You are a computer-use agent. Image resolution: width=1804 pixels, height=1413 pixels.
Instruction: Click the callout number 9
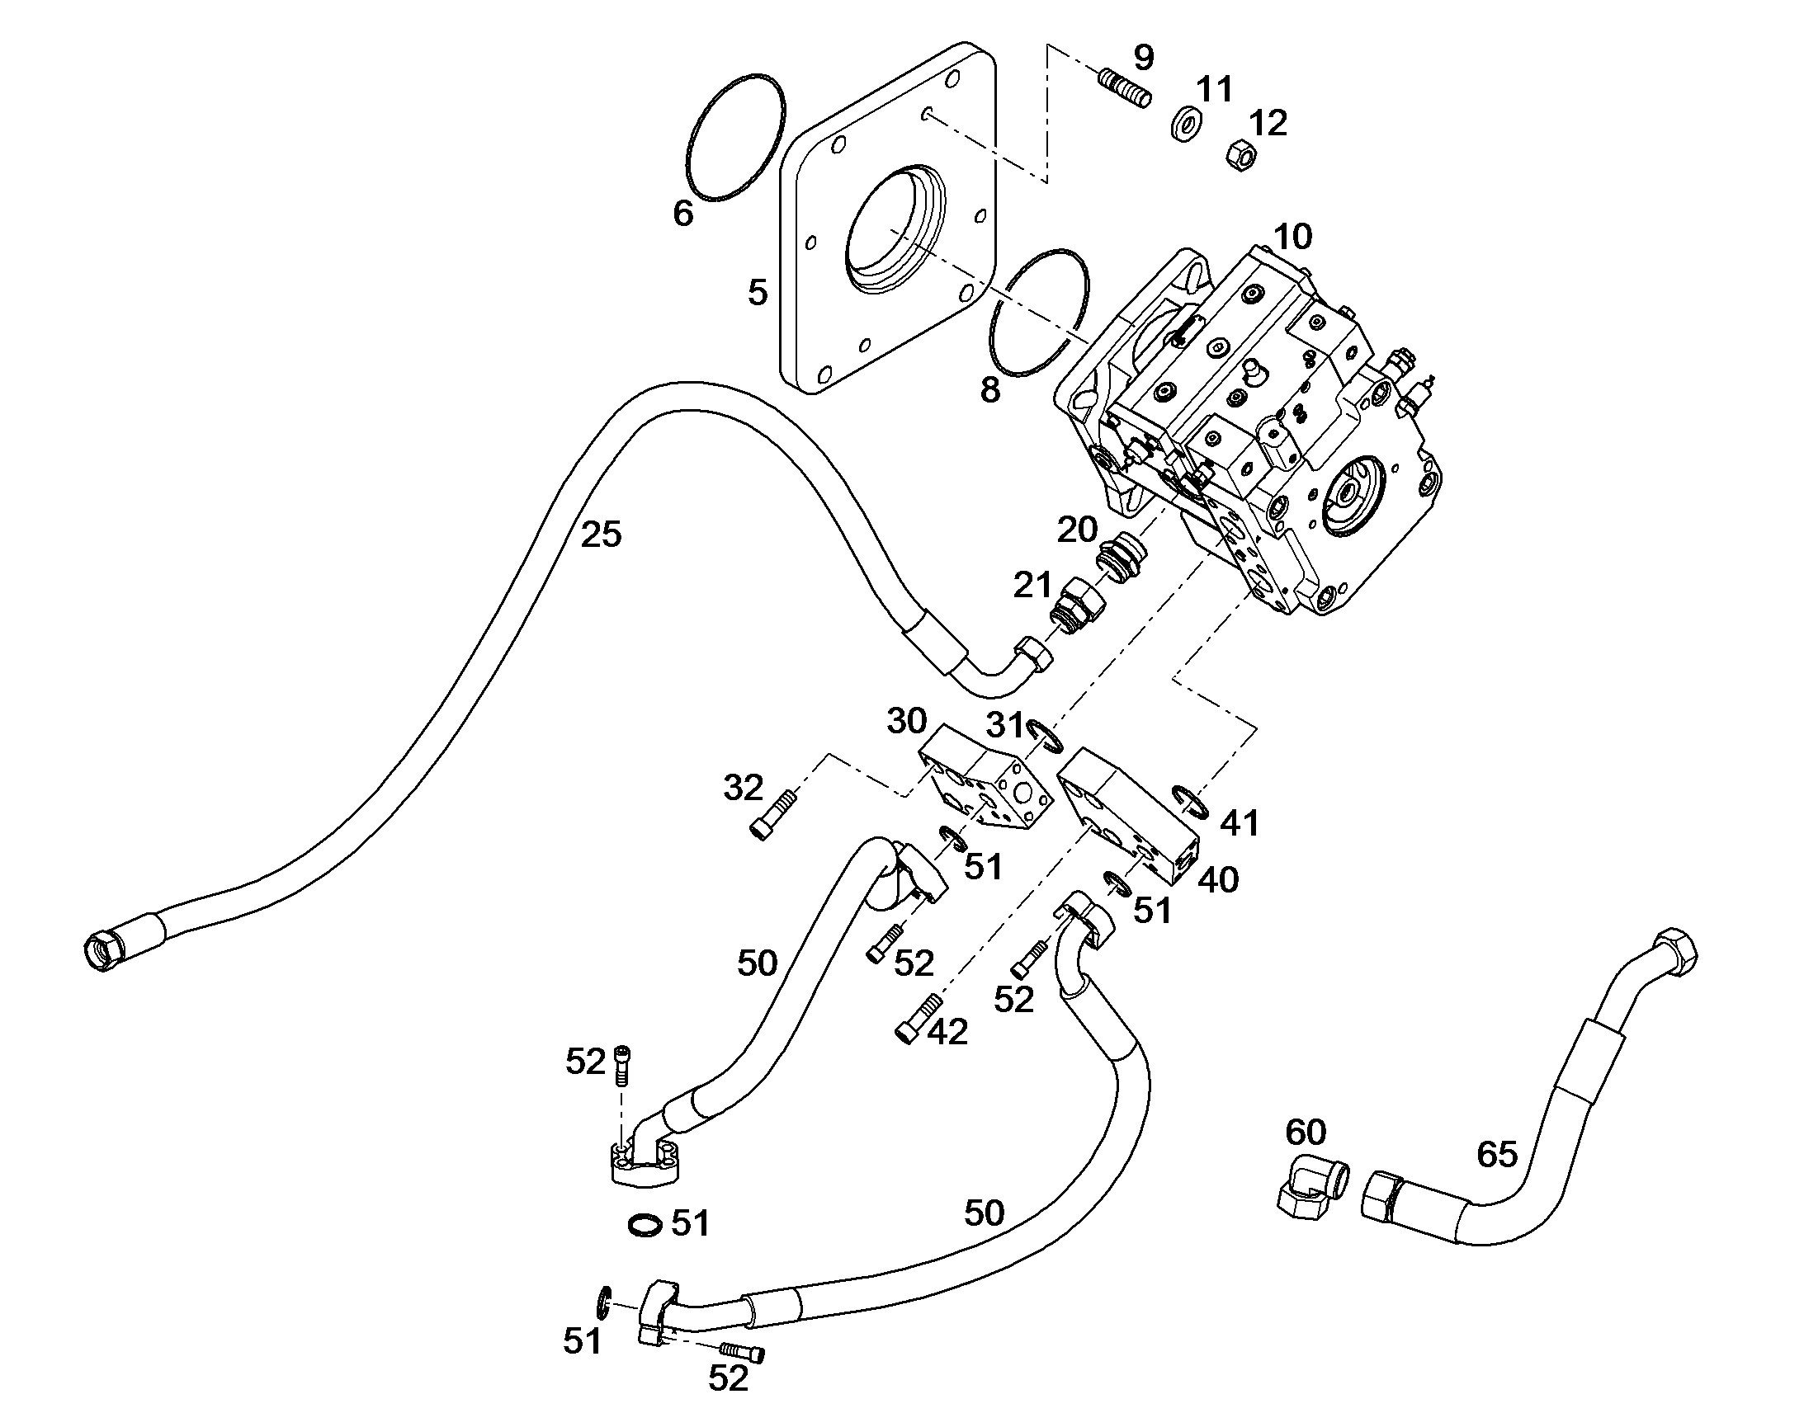tap(1143, 58)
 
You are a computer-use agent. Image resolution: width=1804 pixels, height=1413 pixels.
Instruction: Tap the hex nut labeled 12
tap(1240, 154)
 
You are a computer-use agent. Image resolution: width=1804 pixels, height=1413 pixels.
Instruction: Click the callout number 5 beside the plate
tap(758, 293)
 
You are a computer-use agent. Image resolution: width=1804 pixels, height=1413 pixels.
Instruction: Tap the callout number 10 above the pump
tap(1293, 238)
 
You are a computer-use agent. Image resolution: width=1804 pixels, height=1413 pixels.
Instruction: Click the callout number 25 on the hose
tap(601, 535)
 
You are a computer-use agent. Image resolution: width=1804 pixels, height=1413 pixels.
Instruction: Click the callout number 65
tap(1498, 1155)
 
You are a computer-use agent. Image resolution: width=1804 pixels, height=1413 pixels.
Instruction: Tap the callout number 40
tap(1218, 880)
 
